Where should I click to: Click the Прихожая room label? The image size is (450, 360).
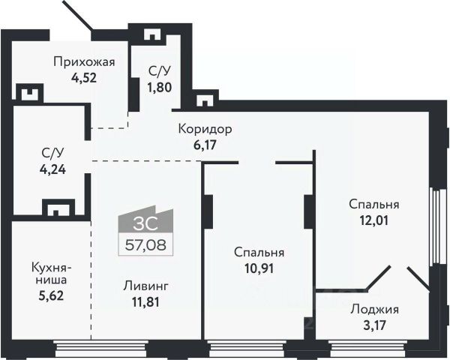[x=84, y=62]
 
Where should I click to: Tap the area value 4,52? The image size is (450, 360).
[x=84, y=78]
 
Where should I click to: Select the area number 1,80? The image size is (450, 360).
[x=160, y=87]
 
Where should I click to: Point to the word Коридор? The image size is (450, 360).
[x=205, y=130]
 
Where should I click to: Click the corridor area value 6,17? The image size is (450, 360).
[x=205, y=145]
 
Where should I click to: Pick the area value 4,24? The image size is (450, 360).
[x=52, y=169]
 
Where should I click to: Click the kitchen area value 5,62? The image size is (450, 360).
[x=51, y=295]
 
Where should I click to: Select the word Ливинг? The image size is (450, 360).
[x=145, y=286]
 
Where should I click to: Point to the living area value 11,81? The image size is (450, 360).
[x=145, y=301]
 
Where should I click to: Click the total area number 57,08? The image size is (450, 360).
[x=145, y=245]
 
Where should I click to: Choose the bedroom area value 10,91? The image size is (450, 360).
[x=259, y=268]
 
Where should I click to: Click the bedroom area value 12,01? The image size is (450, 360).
[x=374, y=220]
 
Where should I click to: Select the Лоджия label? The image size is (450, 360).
[x=375, y=310]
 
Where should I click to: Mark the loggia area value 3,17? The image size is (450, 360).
[x=375, y=325]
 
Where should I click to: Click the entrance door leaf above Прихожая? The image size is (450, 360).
[x=77, y=16]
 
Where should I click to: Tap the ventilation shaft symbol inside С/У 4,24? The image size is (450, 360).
[x=58, y=207]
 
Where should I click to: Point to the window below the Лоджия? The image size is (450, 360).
[x=367, y=349]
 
